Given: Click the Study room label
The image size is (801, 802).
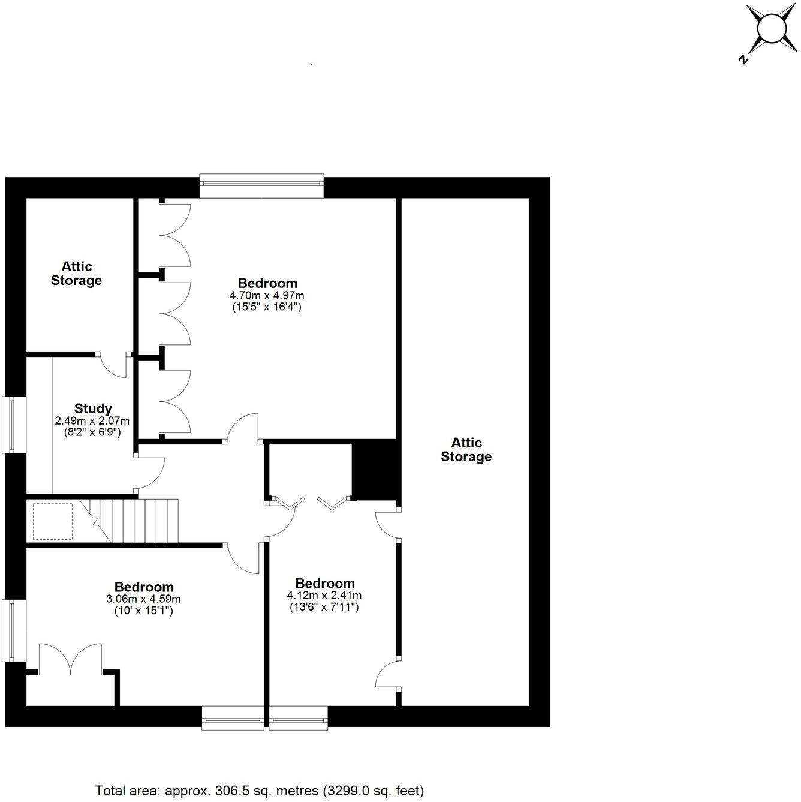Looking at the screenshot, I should [93, 408].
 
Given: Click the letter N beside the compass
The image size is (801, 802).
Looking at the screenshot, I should [743, 59].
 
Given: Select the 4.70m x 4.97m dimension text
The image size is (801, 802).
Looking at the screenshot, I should [267, 295].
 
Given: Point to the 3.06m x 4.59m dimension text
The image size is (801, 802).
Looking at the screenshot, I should [144, 599].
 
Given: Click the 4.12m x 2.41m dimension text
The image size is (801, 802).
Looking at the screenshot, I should [324, 596].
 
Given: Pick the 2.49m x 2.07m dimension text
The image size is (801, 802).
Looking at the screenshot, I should [92, 420].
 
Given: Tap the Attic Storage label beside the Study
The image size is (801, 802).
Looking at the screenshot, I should [76, 273].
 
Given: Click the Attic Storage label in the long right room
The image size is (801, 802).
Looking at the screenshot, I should [466, 450].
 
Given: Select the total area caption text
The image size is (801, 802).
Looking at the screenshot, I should [260, 790].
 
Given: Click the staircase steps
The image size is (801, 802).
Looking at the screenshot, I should [141, 520].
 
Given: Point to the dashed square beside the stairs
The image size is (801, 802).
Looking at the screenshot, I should [53, 521].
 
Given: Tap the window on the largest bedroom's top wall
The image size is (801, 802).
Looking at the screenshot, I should [261, 186].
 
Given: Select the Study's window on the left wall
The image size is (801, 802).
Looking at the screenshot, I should [13, 424].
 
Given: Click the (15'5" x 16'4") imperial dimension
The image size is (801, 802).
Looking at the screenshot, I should [267, 307].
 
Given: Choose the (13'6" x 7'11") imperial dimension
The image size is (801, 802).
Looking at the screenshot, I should [324, 607].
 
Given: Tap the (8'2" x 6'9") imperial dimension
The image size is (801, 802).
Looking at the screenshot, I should [92, 431].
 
